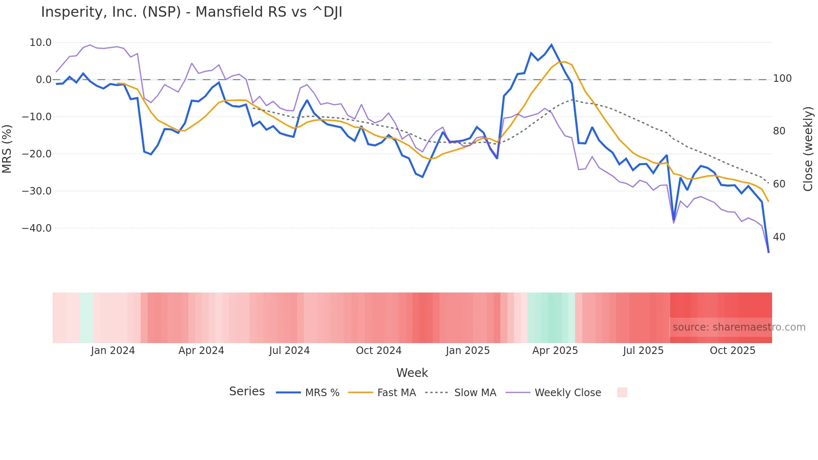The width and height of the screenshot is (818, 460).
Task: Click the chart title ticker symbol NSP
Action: pyautogui.click(x=162, y=12)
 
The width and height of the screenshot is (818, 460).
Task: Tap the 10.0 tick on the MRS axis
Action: pyautogui.click(x=40, y=43)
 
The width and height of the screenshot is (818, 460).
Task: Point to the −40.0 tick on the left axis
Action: pyautogui.click(x=37, y=228)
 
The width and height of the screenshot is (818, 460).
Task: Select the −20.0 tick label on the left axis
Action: pyautogui.click(x=37, y=154)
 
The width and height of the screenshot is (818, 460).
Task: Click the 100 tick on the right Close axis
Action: pyautogui.click(x=782, y=78)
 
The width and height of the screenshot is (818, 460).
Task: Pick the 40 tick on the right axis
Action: pyautogui.click(x=779, y=237)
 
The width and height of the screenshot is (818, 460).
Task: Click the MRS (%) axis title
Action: pyautogui.click(x=7, y=149)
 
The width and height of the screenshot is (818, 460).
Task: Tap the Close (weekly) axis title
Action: pyautogui.click(x=808, y=149)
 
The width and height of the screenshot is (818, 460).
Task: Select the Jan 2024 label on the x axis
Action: pyautogui.click(x=113, y=351)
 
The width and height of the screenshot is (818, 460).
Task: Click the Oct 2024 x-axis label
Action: pyautogui.click(x=379, y=351)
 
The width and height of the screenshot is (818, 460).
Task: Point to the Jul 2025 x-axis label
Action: pyautogui.click(x=643, y=351)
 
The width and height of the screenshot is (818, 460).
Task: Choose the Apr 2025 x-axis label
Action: pyautogui.click(x=555, y=351)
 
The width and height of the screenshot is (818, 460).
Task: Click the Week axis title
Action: pyautogui.click(x=412, y=373)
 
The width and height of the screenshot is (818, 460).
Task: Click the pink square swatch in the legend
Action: pyautogui.click(x=622, y=392)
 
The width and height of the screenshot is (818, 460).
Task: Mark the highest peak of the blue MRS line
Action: pyautogui.click(x=551, y=45)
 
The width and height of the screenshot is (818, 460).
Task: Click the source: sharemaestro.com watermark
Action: pyautogui.click(x=739, y=327)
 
